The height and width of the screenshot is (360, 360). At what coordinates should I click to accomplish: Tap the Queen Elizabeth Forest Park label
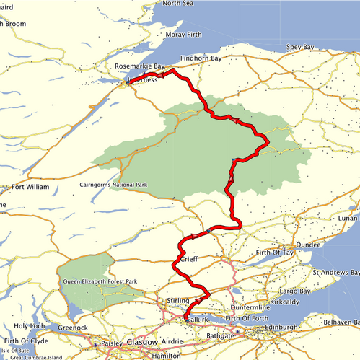point(100,281)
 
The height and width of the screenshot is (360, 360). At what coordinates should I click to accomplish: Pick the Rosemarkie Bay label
point(140,66)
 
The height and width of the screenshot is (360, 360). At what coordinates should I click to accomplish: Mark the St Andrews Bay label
point(335,273)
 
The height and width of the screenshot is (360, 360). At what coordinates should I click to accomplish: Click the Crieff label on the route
point(188,259)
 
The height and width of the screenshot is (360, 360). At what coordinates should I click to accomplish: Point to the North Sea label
point(177,4)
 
